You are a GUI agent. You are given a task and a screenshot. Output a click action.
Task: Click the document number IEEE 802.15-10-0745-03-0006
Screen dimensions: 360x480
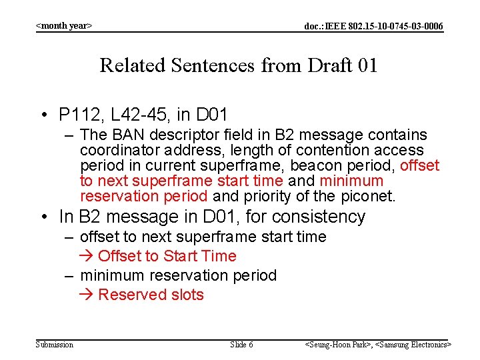click(x=373, y=26)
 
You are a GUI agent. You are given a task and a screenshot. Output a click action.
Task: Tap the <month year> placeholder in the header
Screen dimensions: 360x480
click(x=64, y=26)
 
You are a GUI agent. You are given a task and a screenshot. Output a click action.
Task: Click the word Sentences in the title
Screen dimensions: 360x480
click(x=212, y=65)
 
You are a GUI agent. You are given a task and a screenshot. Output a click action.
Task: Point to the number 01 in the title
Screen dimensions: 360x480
click(x=367, y=65)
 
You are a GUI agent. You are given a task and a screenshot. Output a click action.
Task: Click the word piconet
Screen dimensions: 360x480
click(x=369, y=197)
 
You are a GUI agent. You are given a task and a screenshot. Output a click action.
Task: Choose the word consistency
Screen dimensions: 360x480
click(x=325, y=217)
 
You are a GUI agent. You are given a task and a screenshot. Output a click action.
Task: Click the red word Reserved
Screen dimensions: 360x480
click(x=130, y=295)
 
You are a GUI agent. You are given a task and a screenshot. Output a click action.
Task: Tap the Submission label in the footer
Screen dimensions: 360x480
click(x=55, y=345)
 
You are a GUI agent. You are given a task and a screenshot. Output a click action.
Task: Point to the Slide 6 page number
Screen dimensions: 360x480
click(x=241, y=345)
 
